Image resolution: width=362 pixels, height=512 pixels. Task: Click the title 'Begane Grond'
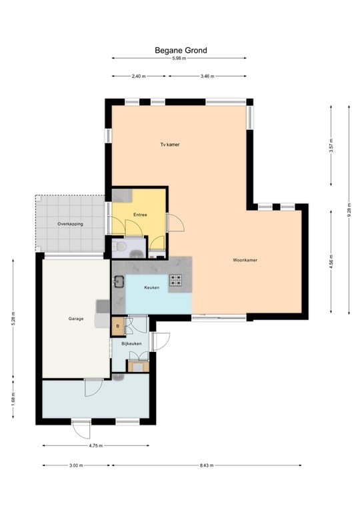tap(181, 50)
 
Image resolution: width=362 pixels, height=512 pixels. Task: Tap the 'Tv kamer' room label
tap(169, 144)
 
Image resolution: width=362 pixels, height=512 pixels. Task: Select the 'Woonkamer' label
tap(245, 260)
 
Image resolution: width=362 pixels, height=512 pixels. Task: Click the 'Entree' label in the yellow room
tap(140, 215)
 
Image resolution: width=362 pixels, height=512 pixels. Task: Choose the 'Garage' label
tap(75, 319)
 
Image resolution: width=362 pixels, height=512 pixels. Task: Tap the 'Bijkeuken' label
tap(131, 343)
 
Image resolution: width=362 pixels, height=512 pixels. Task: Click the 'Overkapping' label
tap(70, 224)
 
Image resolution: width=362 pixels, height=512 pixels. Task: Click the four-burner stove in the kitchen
tap(176, 280)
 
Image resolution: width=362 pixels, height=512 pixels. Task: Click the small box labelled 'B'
tap(118, 326)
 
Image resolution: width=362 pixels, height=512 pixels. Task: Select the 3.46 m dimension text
tap(207, 76)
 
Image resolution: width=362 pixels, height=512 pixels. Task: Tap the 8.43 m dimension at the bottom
tap(207, 465)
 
